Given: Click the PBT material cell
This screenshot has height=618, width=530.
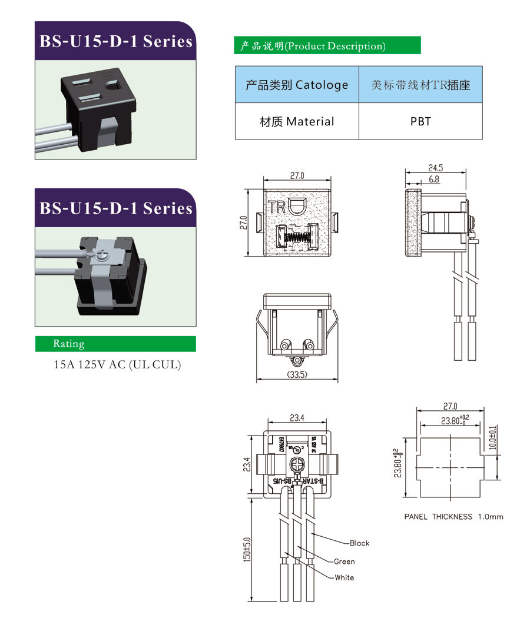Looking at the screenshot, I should (x=420, y=122).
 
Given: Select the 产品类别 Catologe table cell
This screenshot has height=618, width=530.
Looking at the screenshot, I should (x=297, y=85).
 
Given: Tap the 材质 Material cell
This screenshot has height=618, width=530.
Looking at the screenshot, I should (x=297, y=122).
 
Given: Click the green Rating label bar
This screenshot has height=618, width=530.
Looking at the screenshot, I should (x=115, y=344).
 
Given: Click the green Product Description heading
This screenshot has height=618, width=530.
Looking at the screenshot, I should (x=327, y=46).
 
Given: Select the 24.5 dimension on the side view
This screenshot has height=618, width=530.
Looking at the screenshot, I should (x=435, y=168).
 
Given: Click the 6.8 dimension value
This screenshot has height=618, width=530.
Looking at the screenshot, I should (x=434, y=180).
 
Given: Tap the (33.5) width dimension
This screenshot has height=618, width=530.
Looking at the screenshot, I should (x=299, y=375).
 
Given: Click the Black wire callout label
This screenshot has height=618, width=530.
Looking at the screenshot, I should (x=359, y=543).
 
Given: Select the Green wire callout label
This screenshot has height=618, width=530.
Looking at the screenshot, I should (x=344, y=561).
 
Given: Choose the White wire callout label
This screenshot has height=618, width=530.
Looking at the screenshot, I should (x=344, y=577).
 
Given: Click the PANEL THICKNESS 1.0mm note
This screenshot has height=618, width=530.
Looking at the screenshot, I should (x=453, y=517).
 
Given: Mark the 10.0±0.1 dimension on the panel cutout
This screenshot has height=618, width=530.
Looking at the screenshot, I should (x=492, y=438).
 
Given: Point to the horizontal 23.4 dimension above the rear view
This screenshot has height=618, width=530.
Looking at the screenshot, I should (x=297, y=418).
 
